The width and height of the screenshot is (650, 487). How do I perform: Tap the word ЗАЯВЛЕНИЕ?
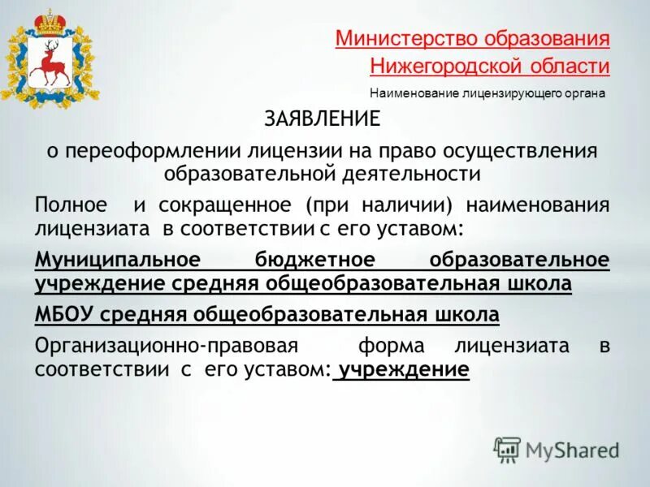322,119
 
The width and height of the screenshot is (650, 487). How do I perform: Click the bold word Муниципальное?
118,260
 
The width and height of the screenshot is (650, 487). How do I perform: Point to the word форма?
392,345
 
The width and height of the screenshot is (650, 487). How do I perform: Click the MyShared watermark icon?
507,449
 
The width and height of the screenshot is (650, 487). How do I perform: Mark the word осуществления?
531,151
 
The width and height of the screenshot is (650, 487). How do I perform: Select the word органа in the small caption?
583,93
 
